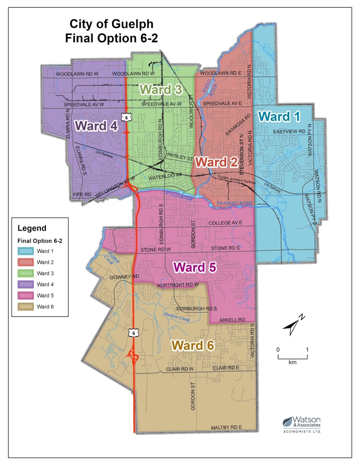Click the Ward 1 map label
pos(279,116)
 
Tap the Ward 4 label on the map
pos(97,126)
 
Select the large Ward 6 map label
pos(193,345)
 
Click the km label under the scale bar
pos(292,362)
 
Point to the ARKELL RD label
pos(232,320)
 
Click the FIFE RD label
pos(82,194)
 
